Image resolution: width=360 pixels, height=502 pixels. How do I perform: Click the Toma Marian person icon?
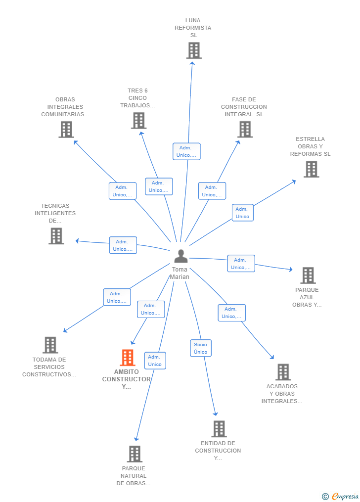[181, 256]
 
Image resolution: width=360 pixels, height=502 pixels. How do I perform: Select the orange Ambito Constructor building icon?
[128, 358]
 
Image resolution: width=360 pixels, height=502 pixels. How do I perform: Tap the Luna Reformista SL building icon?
[194, 50]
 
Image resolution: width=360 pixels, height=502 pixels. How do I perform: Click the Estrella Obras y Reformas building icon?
[311, 169]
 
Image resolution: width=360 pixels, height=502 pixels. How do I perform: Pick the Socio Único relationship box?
[201, 348]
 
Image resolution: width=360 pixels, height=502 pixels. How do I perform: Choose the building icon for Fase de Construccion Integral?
[245, 129]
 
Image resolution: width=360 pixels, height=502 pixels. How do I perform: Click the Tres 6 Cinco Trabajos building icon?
[138, 120]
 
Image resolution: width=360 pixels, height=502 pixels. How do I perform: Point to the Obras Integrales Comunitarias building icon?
[66, 129]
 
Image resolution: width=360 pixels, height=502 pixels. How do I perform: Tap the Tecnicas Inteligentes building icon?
[56, 236]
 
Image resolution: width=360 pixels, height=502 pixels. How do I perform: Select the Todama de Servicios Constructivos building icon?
[50, 345]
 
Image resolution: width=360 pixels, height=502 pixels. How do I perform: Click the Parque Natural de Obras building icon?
[135, 454]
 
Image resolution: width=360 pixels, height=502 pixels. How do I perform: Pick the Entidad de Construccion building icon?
[219, 429]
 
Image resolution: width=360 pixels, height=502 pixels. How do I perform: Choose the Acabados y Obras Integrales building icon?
[283, 372]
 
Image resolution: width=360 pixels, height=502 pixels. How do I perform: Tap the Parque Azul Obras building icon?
[308, 275]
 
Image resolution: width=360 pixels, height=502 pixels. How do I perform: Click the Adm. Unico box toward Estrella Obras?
[243, 213]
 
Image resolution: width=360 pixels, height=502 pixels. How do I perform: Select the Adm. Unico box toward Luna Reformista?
[186, 151]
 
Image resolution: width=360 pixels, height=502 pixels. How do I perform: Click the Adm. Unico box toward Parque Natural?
[155, 361]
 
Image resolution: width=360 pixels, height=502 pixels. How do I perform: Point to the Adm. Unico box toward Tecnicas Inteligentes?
[123, 245]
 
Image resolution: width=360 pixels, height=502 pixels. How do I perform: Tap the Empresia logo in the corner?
[341, 496]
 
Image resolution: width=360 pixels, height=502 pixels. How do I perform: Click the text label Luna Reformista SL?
[193, 28]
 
